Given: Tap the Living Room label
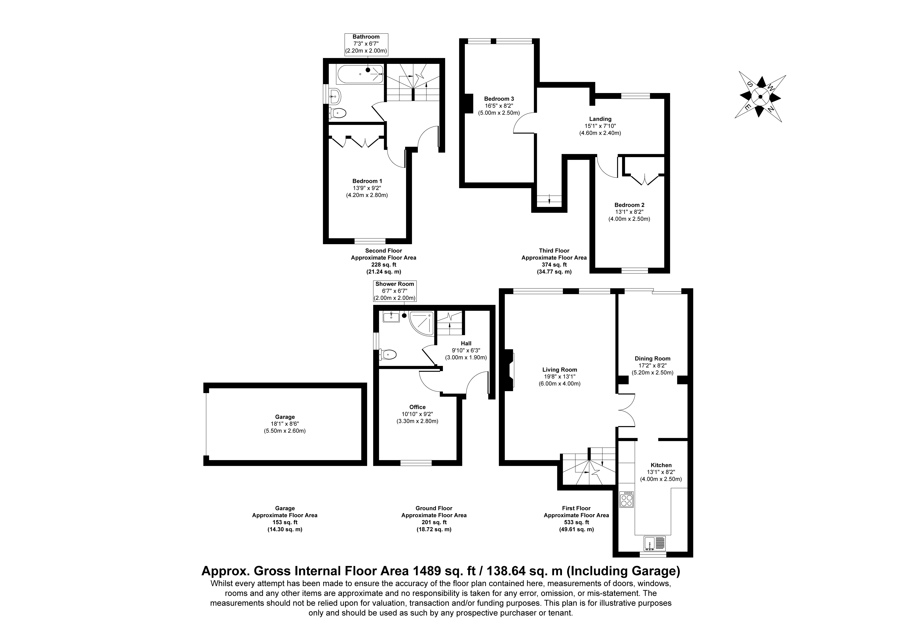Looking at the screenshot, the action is (x=560, y=370).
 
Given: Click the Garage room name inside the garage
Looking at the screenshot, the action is (x=285, y=417).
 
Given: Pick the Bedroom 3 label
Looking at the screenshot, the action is (x=499, y=99).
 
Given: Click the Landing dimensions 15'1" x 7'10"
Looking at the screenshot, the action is (x=600, y=126).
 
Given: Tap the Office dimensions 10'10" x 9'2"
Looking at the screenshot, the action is (x=417, y=414).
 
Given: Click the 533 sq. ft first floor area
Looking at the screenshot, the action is (x=576, y=522).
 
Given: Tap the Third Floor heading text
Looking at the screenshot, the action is (x=554, y=251).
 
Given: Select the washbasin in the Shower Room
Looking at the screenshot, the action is (x=391, y=317).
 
